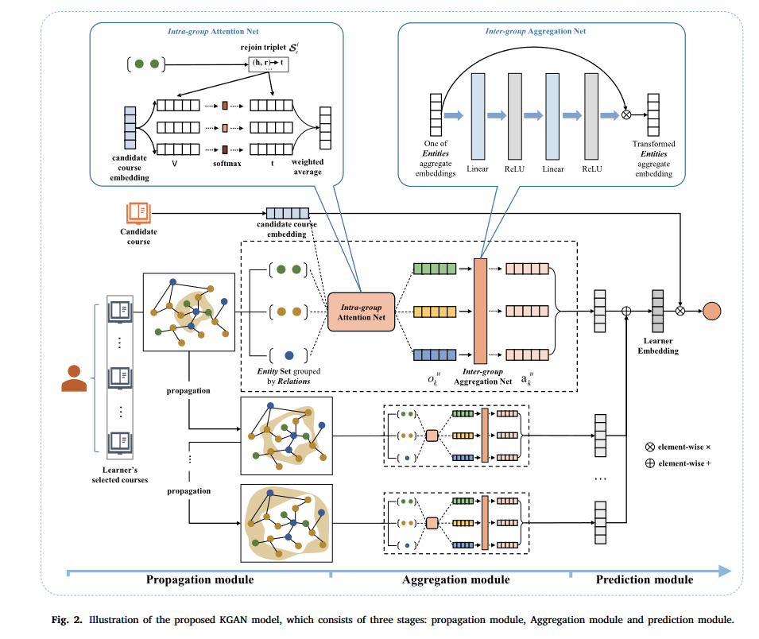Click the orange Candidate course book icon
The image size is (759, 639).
point(138,212)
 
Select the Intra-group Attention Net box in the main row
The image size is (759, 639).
point(362,311)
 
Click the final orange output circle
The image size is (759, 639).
point(710,311)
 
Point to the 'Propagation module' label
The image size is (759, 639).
point(199,580)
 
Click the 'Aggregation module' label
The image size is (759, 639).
point(455,580)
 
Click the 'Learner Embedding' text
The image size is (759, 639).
point(657,345)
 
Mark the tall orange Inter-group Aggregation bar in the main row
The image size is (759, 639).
point(480,311)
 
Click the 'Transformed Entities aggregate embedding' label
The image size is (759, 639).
point(653,158)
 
